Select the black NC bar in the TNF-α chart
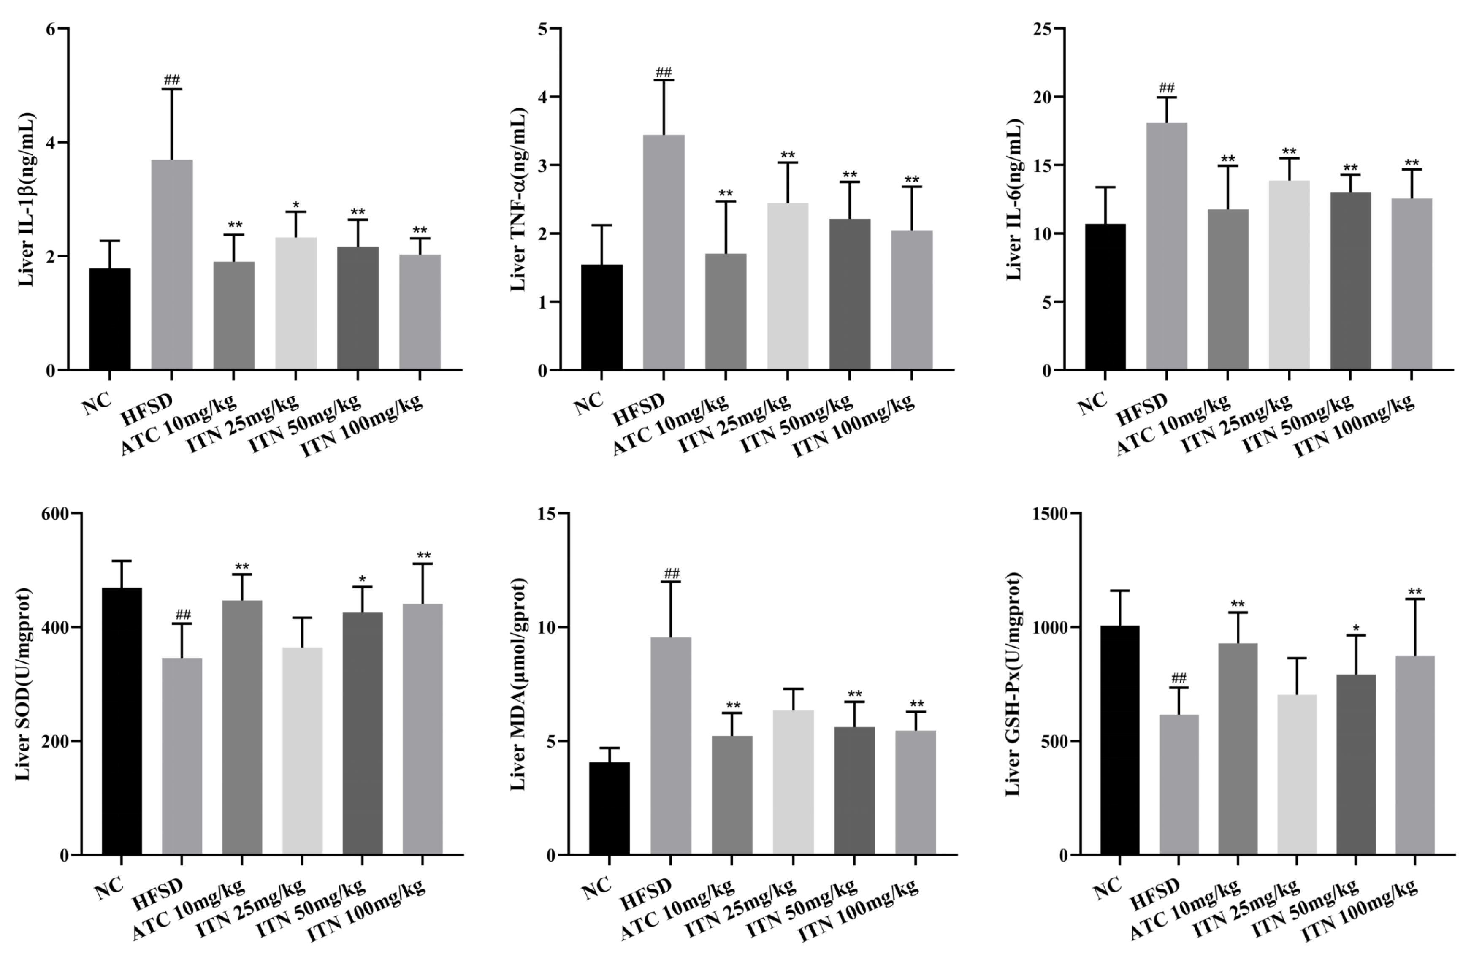602,317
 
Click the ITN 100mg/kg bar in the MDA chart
915,792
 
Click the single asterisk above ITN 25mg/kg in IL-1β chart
295,205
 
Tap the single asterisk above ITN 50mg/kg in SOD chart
362,580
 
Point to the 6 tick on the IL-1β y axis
51,29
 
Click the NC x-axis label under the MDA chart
596,888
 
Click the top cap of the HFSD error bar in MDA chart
671,582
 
